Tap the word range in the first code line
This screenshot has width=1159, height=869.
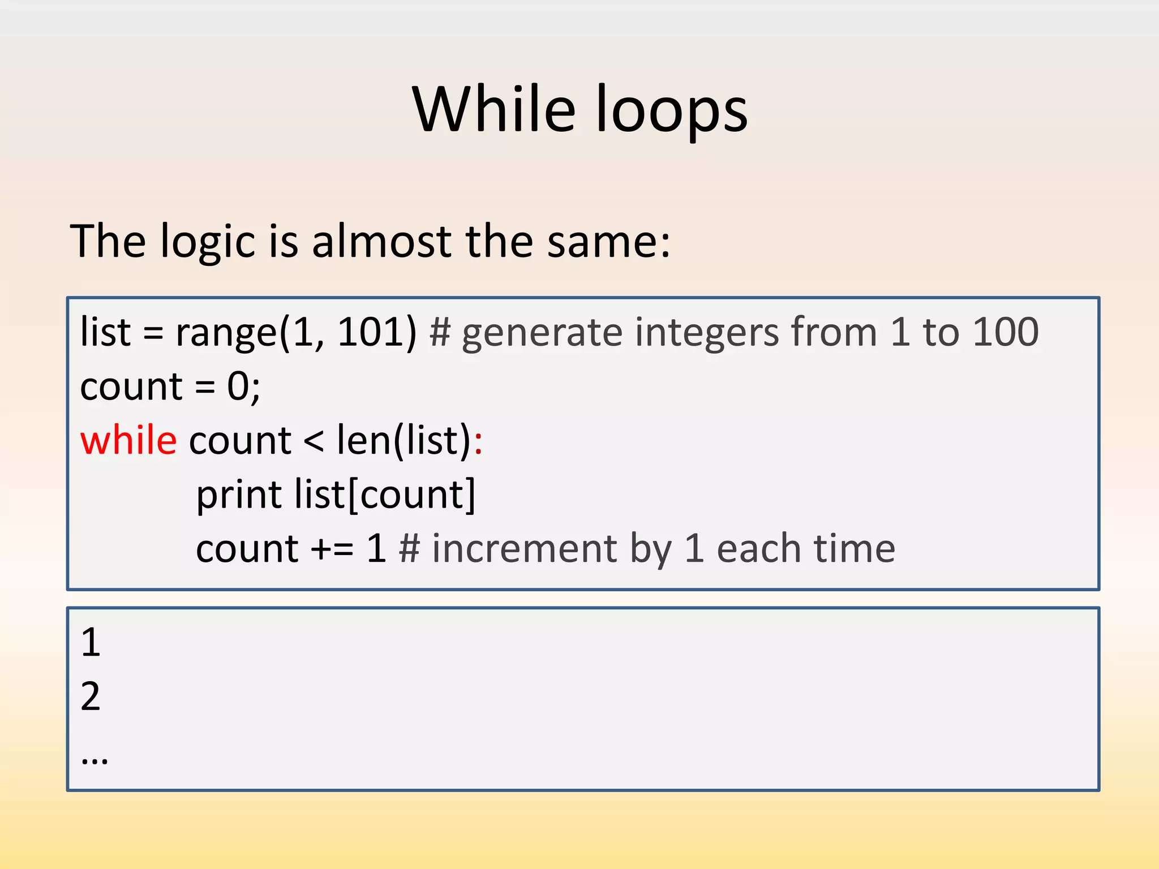point(226,334)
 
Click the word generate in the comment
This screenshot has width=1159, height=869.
point(542,334)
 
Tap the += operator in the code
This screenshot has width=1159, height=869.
point(332,549)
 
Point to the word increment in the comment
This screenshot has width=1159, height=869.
point(524,549)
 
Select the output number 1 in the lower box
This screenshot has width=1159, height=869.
point(91,643)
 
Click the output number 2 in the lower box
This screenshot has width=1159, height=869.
point(91,696)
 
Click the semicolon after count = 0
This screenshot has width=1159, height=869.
point(255,390)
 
